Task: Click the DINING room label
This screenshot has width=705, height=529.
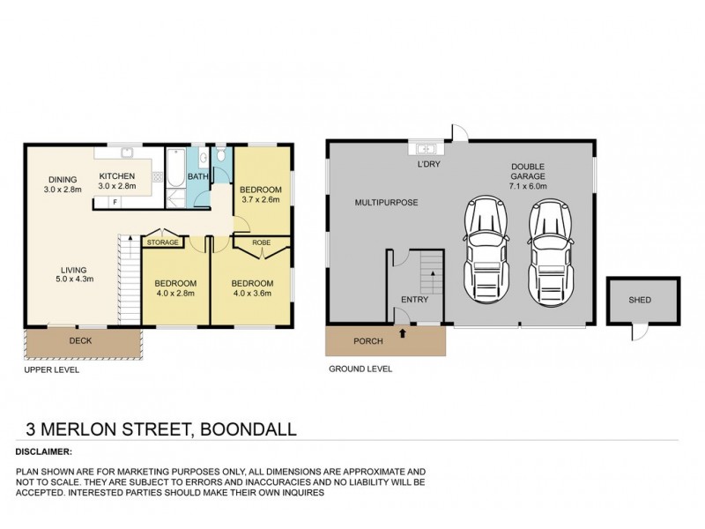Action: pyautogui.click(x=62, y=183)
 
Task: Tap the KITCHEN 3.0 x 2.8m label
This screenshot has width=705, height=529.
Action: pyautogui.click(x=116, y=181)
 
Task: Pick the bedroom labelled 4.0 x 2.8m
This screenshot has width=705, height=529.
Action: pyautogui.click(x=177, y=289)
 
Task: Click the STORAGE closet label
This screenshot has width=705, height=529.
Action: pyautogui.click(x=162, y=242)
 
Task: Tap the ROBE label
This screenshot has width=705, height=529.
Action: pyautogui.click(x=262, y=242)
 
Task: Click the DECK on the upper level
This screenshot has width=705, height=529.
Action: pyautogui.click(x=81, y=341)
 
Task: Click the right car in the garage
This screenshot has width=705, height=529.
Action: pyautogui.click(x=547, y=248)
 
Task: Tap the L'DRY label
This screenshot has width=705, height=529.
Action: pyautogui.click(x=428, y=165)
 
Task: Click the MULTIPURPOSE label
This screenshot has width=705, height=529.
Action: pyautogui.click(x=386, y=203)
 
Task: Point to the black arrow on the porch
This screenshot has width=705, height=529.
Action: pyautogui.click(x=403, y=333)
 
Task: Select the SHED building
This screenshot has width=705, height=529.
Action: pyautogui.click(x=641, y=301)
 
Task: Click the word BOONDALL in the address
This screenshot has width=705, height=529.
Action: pyautogui.click(x=249, y=429)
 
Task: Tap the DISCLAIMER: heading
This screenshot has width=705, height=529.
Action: pyautogui.click(x=43, y=451)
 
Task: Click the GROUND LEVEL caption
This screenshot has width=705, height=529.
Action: pyautogui.click(x=360, y=369)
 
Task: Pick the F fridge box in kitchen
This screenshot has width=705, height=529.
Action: pyautogui.click(x=115, y=203)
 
